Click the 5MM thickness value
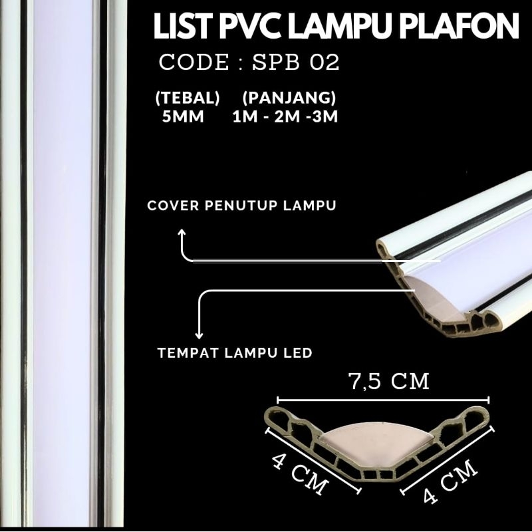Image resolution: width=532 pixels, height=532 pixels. [x=183, y=118]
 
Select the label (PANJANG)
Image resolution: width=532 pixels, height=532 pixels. [x=289, y=98]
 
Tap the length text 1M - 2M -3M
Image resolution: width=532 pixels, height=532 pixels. [x=289, y=118]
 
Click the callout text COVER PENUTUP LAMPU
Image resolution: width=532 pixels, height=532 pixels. [x=241, y=205]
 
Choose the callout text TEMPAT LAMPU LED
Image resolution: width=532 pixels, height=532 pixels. [x=235, y=352]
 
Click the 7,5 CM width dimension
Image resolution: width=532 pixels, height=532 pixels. [x=389, y=382]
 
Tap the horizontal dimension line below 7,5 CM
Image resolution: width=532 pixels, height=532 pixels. [x=382, y=400]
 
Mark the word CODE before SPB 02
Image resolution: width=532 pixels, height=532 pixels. [x=193, y=63]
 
